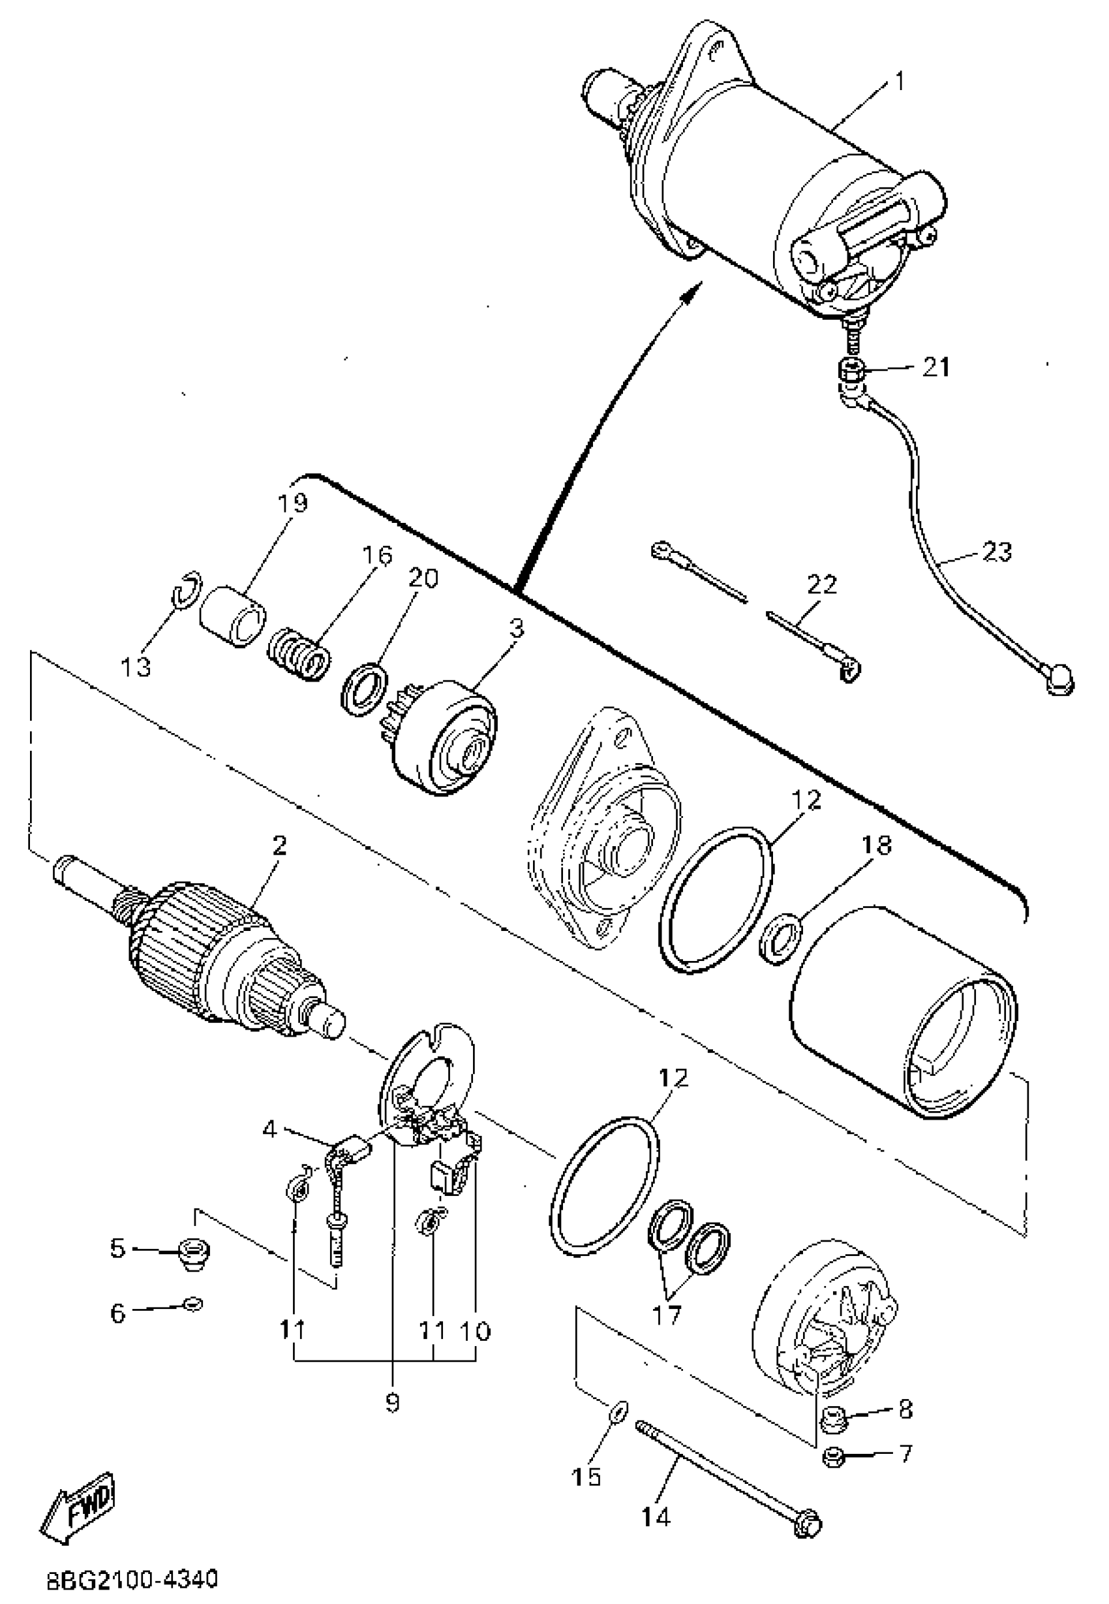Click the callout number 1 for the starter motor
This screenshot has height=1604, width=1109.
tap(898, 82)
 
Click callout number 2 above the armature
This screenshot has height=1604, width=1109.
tap(279, 846)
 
